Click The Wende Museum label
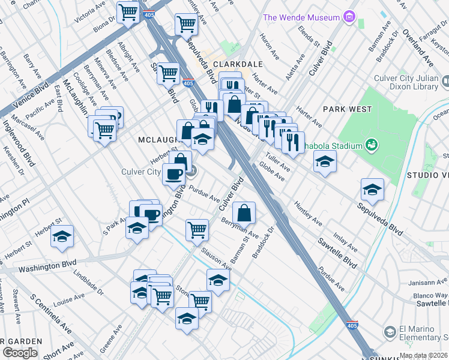pos(301,17)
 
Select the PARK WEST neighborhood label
pos(347,109)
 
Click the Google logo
pos(20,352)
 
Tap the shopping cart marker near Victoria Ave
pos(128,11)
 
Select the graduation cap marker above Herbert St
pos(62,237)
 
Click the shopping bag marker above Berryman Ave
pos(244,212)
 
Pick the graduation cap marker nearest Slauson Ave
pos(218,280)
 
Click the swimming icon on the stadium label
pos(372,144)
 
